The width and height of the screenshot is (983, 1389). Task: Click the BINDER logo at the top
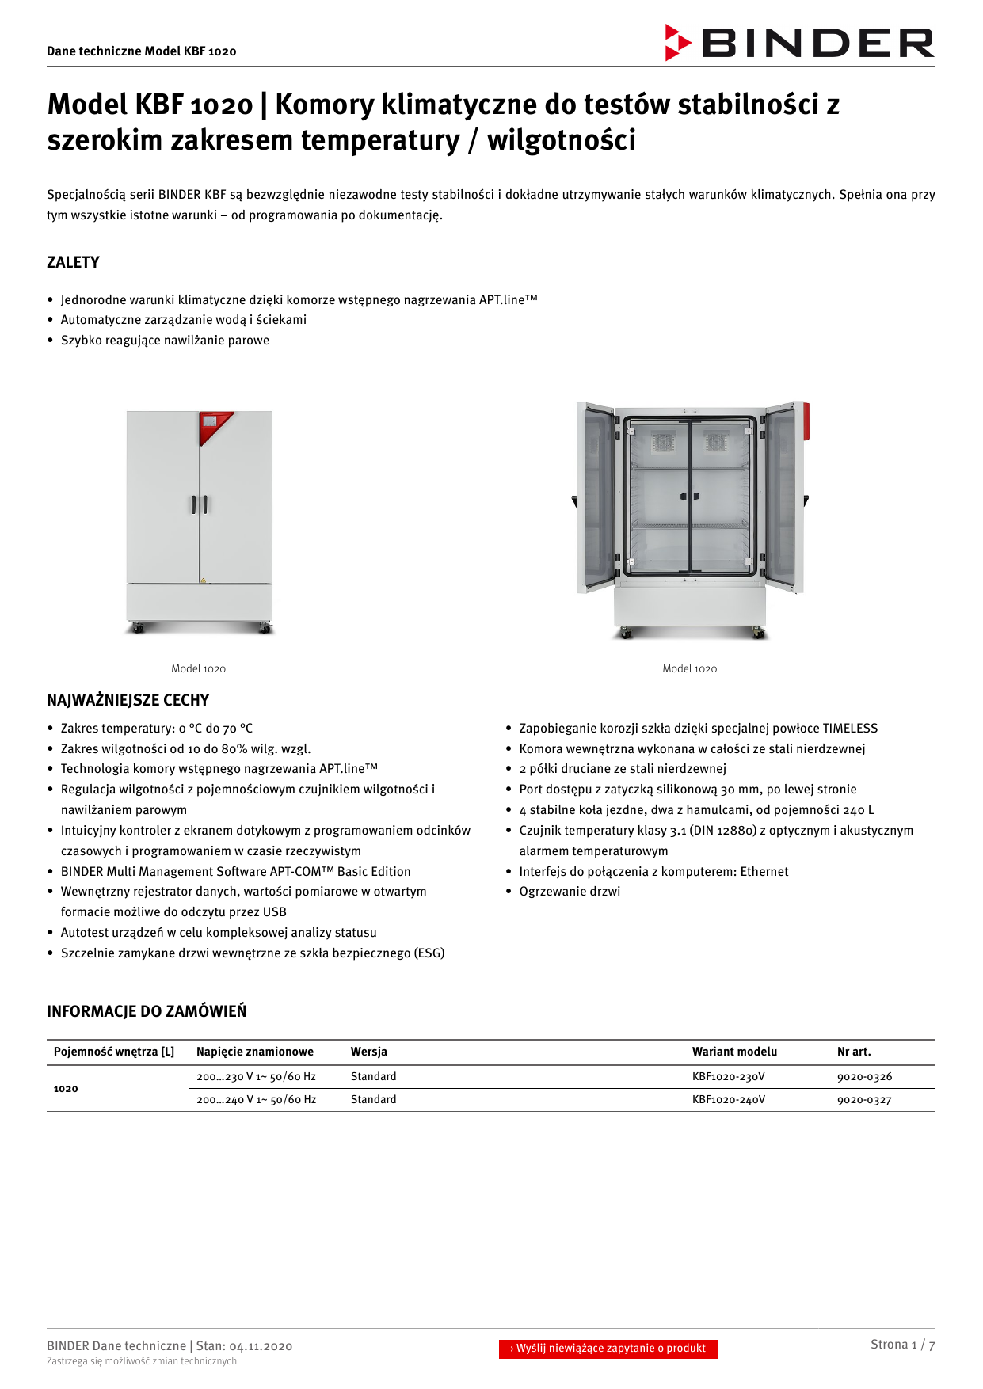[x=800, y=43]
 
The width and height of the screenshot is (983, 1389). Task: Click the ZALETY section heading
[x=73, y=262]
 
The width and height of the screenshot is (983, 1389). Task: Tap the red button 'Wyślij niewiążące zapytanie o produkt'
[x=608, y=1348]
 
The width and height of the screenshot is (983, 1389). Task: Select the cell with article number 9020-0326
[x=864, y=1077]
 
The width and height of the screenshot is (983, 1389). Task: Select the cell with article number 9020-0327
[x=864, y=1100]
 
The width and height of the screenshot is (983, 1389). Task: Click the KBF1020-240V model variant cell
[x=728, y=1100]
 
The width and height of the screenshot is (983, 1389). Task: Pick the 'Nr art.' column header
[x=854, y=1052]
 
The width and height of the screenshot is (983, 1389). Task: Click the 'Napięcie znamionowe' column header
[x=255, y=1052]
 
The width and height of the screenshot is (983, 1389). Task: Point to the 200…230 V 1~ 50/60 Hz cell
[x=256, y=1077]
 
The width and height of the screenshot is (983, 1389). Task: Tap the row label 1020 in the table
[x=66, y=1089]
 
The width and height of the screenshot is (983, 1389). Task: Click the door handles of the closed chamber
[x=199, y=504]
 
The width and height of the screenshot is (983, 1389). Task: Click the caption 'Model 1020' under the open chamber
[x=689, y=668]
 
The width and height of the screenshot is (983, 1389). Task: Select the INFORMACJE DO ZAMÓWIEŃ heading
[x=147, y=1011]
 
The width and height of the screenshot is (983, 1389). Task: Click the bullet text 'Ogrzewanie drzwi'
[x=570, y=892]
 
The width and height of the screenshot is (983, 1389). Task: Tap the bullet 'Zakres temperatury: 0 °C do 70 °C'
[x=157, y=729]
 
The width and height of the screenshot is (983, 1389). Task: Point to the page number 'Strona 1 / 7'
[x=902, y=1345]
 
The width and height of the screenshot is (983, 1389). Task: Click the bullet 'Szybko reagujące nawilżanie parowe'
[x=165, y=341]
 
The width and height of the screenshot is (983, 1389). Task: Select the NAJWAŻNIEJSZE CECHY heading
[x=128, y=700]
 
